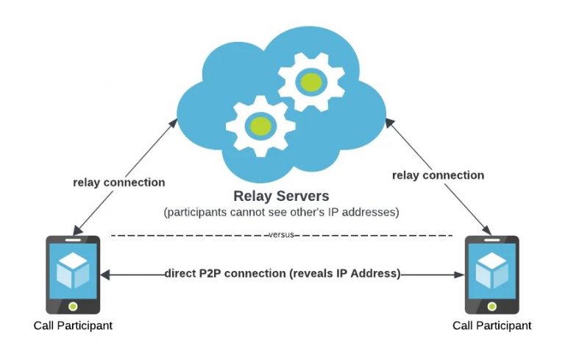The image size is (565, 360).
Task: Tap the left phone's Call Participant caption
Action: click(73, 325)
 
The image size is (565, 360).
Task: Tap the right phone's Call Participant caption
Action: click(491, 325)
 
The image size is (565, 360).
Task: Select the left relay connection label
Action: click(118, 182)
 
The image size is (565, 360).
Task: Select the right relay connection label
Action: click(438, 175)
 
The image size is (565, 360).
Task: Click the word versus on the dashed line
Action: click(282, 235)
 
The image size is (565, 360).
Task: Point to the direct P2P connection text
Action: click(282, 273)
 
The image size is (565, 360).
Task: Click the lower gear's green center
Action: click(259, 124)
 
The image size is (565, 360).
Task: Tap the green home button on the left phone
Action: click(73, 305)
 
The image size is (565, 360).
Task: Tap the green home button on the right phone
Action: click(492, 305)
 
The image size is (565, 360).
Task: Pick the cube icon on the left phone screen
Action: click(73, 270)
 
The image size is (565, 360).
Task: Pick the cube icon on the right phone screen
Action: click(492, 270)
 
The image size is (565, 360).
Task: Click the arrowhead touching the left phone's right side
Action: click(105, 274)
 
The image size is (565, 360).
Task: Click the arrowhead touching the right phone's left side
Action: click(461, 274)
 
